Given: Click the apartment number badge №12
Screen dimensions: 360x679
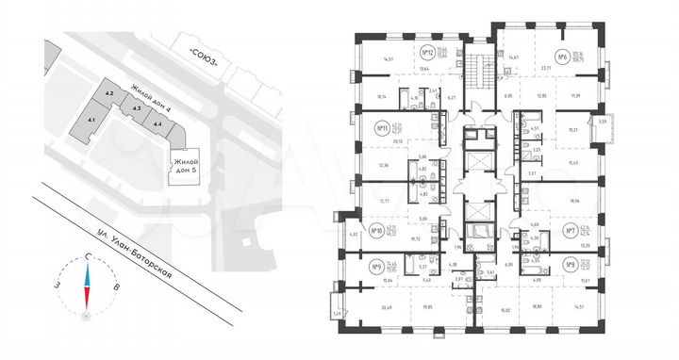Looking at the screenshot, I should click(x=427, y=52).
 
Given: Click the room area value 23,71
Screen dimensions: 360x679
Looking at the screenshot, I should click(x=571, y=69).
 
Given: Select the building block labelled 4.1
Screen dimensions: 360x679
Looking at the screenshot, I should click(x=92, y=121).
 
